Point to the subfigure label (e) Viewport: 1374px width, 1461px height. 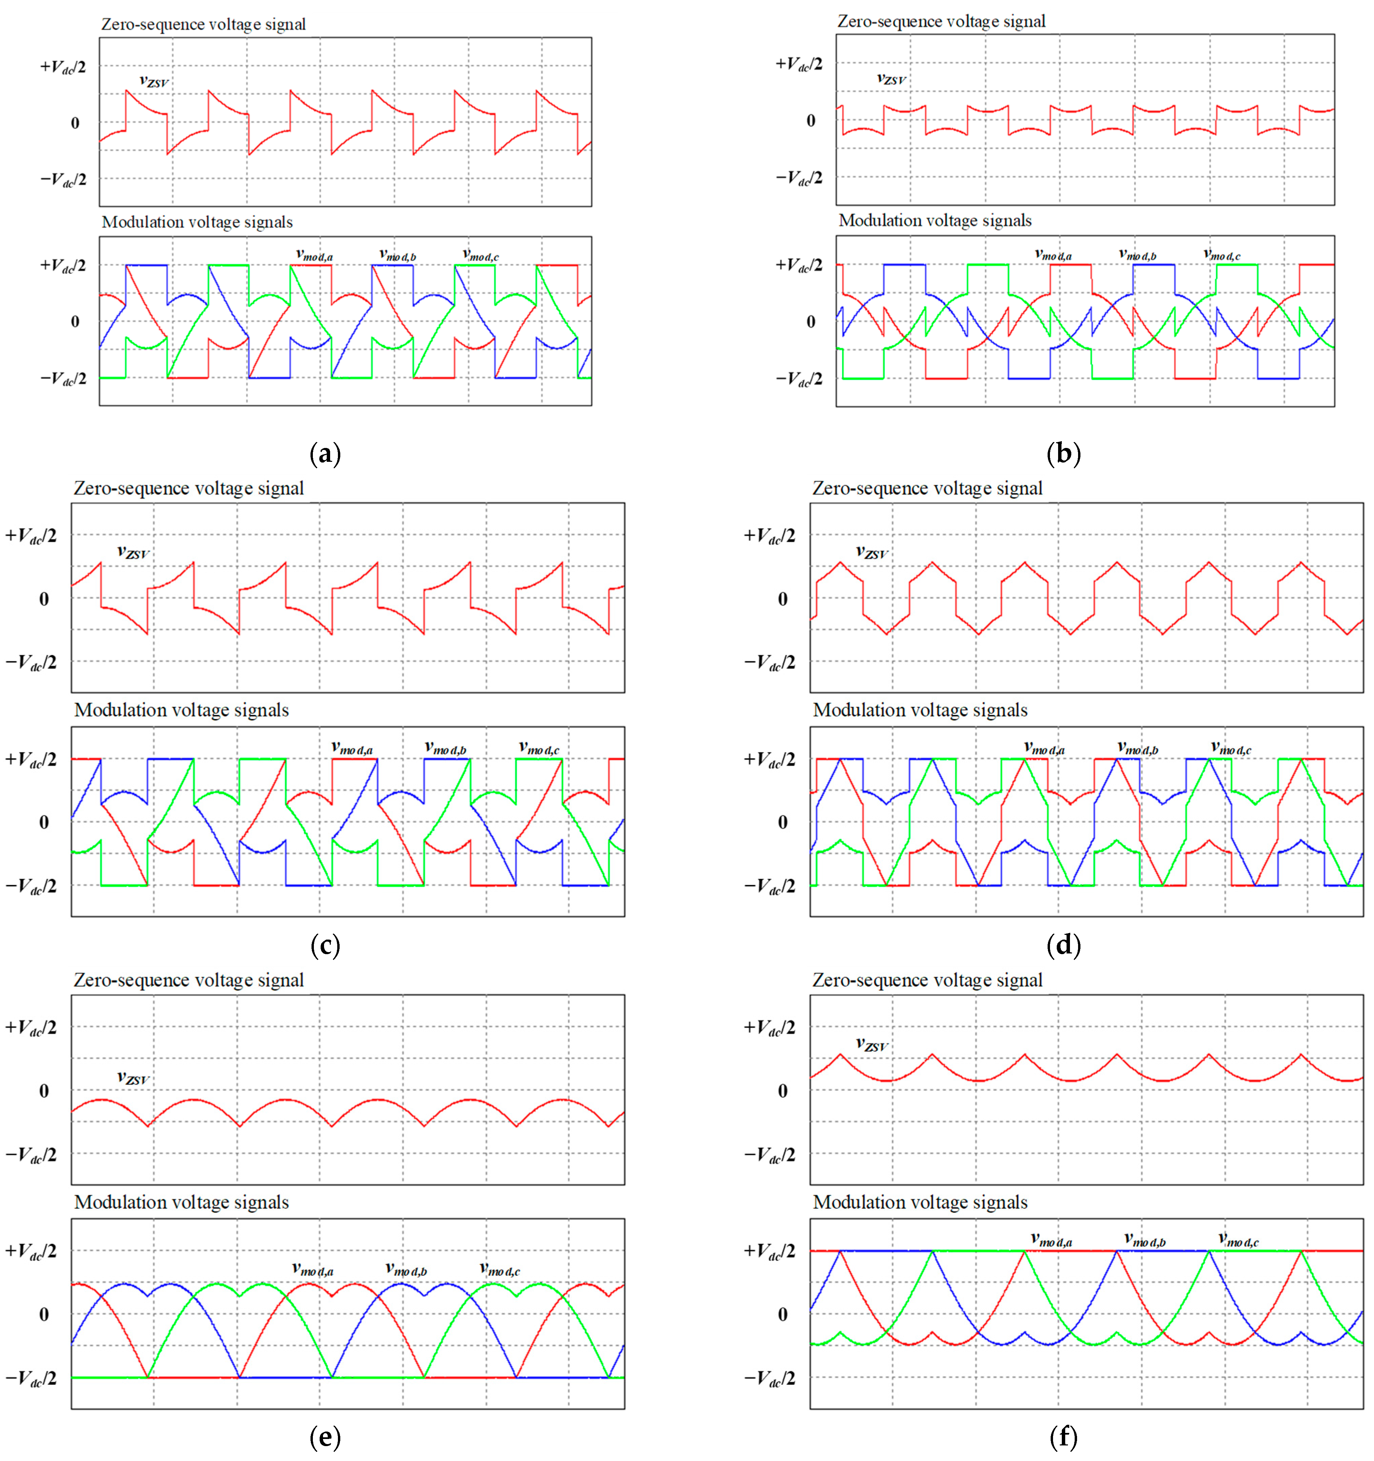(325, 1437)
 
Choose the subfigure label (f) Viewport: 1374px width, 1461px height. (1063, 1437)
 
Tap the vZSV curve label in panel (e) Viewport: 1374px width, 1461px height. (133, 1078)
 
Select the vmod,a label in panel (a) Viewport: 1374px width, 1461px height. (315, 255)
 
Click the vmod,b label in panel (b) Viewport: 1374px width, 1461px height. (1137, 254)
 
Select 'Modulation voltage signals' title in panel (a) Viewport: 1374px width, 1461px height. (197, 222)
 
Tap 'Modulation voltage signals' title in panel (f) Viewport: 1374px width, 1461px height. (920, 1202)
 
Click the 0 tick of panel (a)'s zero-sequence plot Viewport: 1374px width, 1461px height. (75, 123)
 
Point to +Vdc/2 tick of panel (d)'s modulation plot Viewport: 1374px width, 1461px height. (769, 758)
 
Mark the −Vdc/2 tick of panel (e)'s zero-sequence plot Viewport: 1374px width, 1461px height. (31, 1155)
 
